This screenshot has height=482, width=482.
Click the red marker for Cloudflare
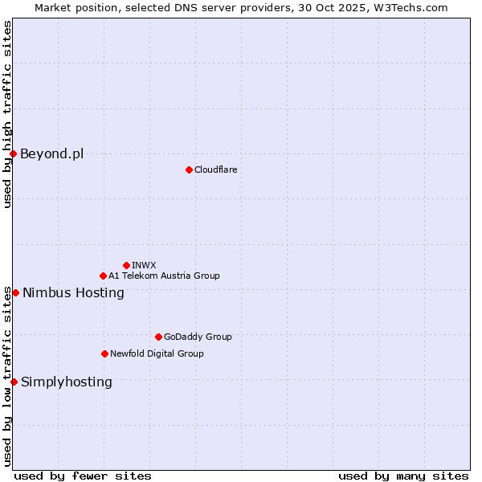[x=189, y=170]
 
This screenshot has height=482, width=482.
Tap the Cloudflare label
[x=215, y=170]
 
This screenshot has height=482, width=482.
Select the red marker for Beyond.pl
[x=13, y=153]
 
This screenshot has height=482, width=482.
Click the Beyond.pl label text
[x=51, y=153]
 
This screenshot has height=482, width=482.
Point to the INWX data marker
[x=126, y=265]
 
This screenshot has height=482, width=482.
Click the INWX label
[x=144, y=265]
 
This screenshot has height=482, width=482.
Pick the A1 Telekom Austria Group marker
[x=103, y=276]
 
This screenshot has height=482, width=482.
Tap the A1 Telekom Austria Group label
[x=164, y=276]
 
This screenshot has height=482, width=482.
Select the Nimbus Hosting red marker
[x=15, y=292]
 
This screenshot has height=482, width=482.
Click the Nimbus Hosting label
[x=73, y=292]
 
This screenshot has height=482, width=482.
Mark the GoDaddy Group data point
[x=158, y=337]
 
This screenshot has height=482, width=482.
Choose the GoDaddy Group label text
[x=198, y=337]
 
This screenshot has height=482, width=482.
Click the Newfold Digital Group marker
[x=104, y=353]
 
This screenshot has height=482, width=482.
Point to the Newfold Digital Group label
[x=157, y=353]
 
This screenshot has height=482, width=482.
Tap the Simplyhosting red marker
[x=14, y=382]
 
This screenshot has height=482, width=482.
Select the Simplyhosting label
[x=67, y=382]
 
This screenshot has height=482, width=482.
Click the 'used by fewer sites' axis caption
[x=83, y=476]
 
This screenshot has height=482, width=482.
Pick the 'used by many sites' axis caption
[x=403, y=476]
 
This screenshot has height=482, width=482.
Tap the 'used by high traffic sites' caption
[x=7, y=114]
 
